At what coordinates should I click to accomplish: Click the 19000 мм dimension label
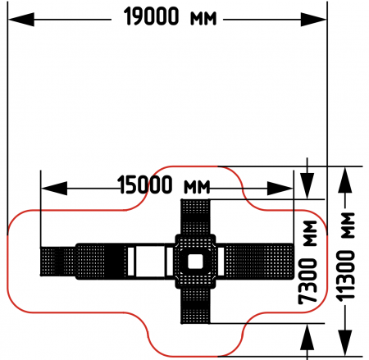[x=170, y=16]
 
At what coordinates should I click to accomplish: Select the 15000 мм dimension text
[x=164, y=185]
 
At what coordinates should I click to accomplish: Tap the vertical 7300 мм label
[x=307, y=262]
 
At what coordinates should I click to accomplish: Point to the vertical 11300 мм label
[x=346, y=257]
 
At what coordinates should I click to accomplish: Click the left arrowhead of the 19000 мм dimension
[x=21, y=20]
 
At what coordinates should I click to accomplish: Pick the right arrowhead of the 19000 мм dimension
[x=313, y=20]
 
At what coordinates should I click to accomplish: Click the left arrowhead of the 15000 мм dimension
[x=54, y=189]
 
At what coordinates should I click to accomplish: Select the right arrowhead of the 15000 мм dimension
[x=280, y=189]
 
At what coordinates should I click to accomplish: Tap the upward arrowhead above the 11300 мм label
[x=345, y=180]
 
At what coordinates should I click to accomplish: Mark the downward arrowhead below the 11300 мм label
[x=345, y=343]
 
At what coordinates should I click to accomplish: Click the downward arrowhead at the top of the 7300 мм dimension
[x=307, y=186]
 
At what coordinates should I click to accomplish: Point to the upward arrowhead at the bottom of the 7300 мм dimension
[x=307, y=337]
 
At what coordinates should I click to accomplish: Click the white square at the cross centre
[x=195, y=262]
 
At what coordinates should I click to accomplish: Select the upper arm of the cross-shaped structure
[x=195, y=216]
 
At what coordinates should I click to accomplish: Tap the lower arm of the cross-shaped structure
[x=195, y=306]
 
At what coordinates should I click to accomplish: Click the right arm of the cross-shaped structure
[x=259, y=262]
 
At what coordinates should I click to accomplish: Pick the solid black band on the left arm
[x=114, y=262]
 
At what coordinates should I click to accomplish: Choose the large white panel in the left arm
[x=150, y=262]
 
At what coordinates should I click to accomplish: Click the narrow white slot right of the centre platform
[x=221, y=262]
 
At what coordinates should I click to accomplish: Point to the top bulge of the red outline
[x=195, y=166]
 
